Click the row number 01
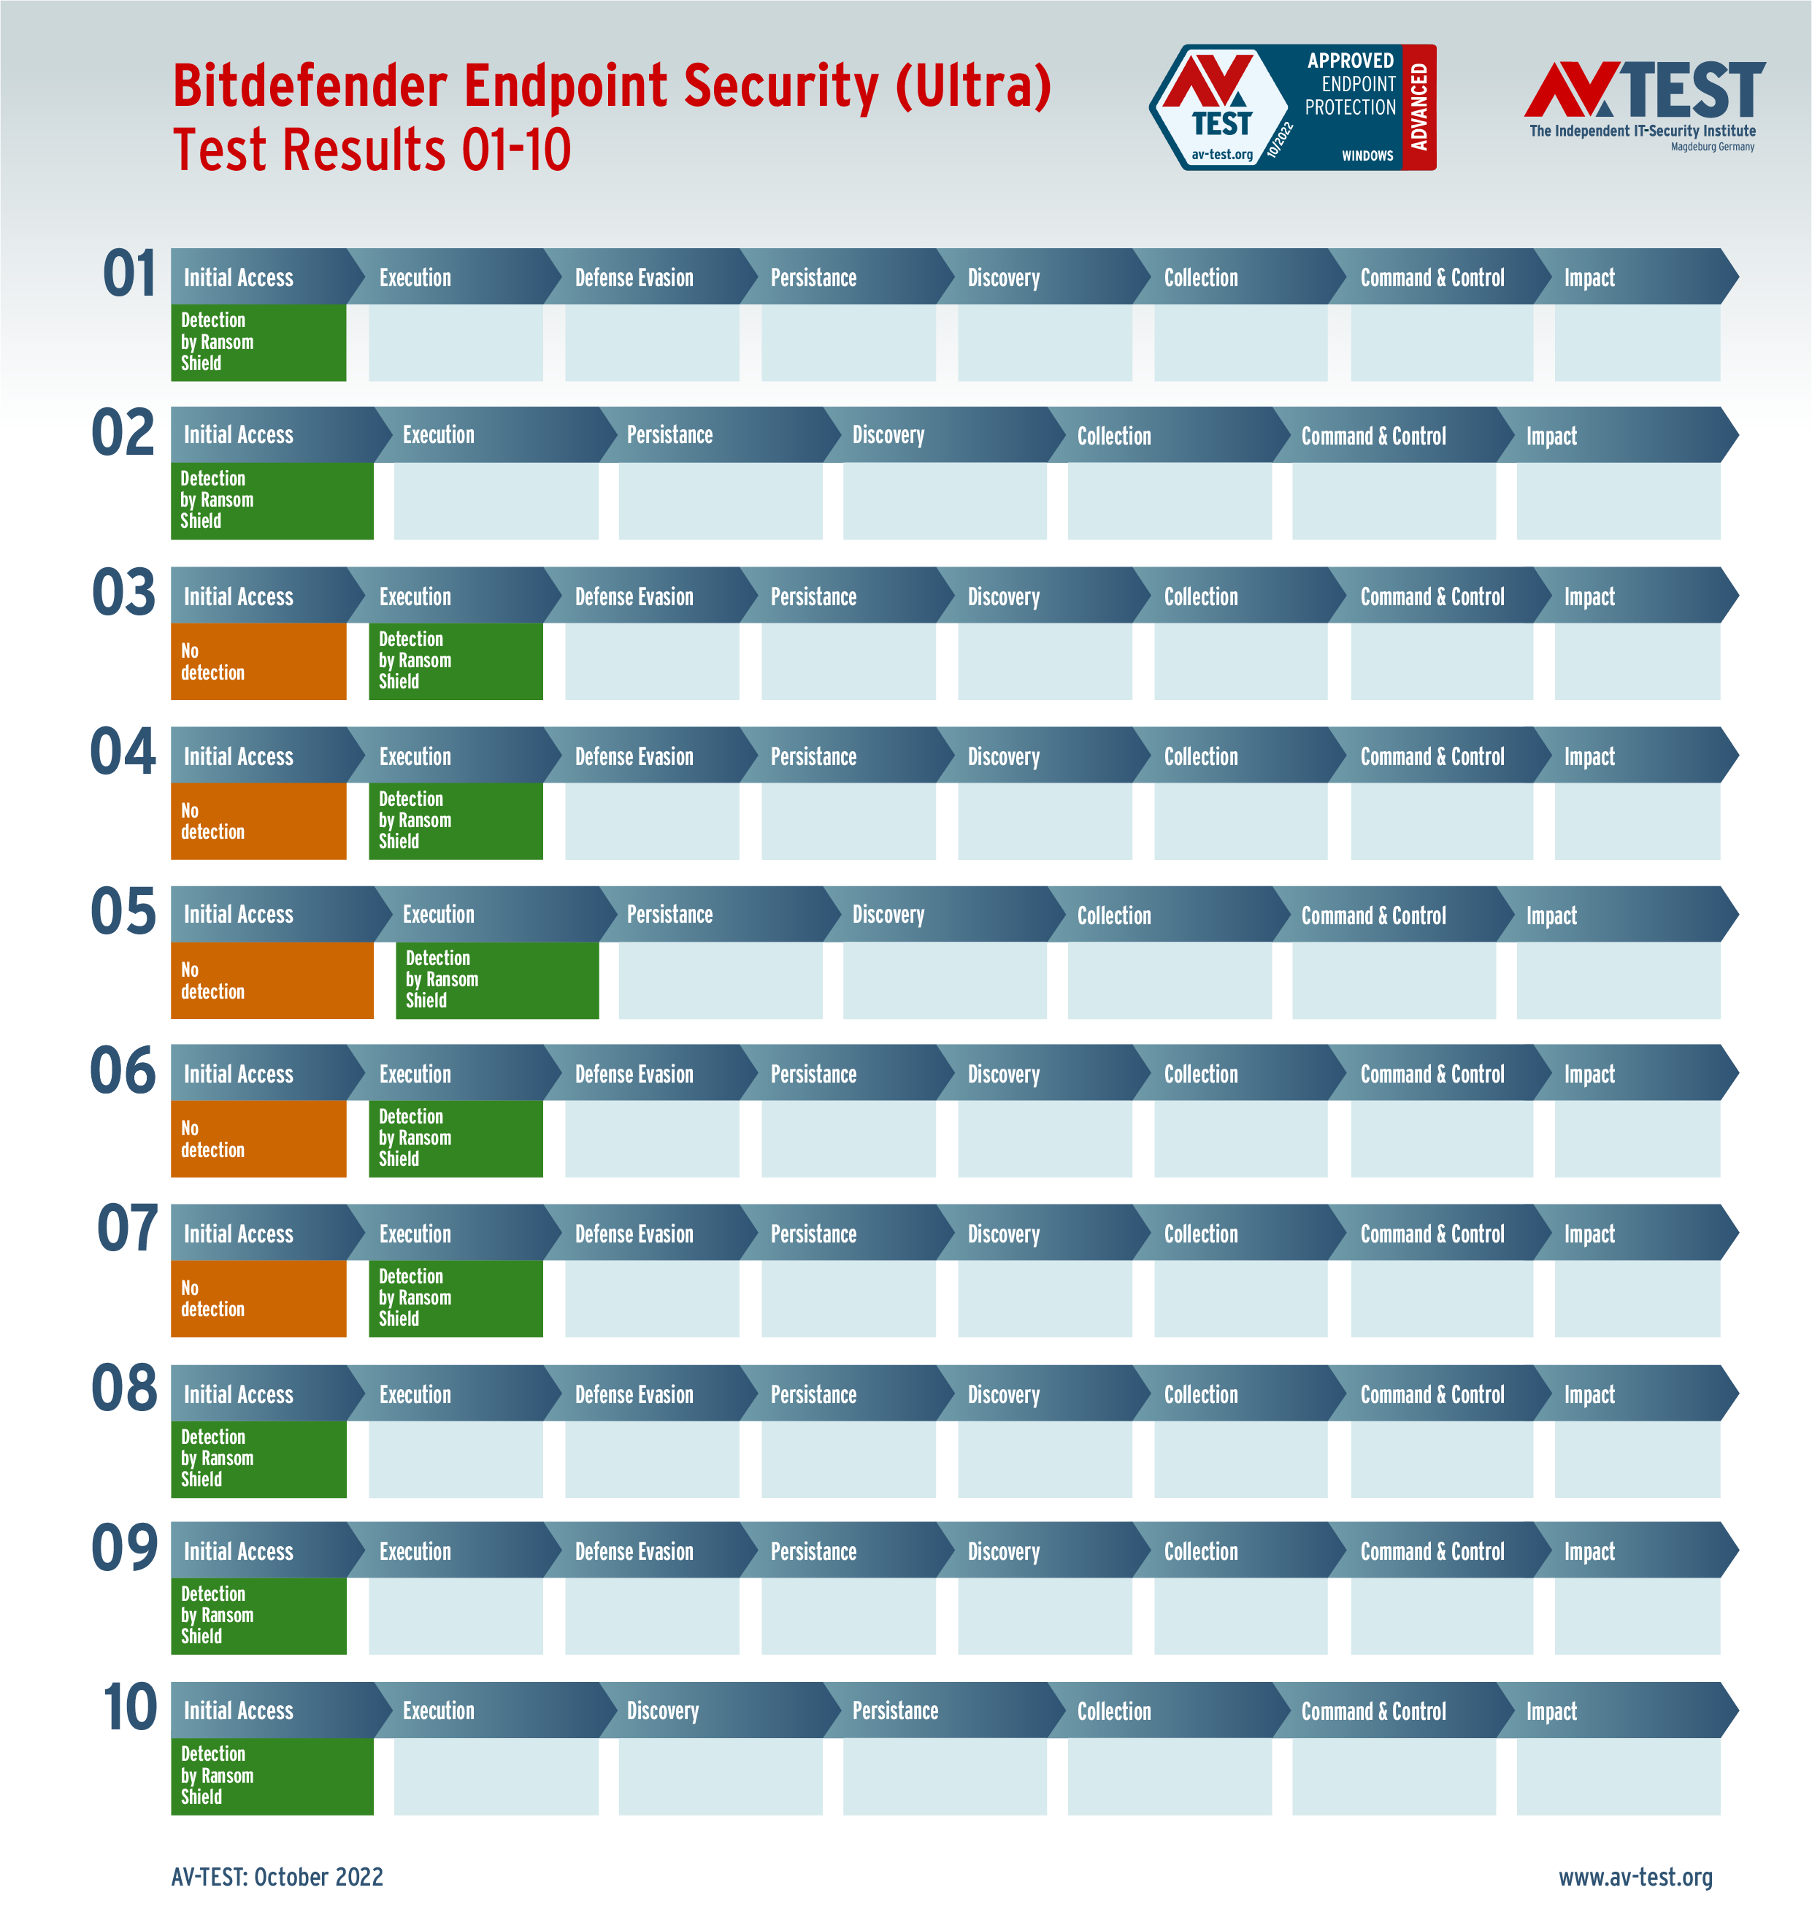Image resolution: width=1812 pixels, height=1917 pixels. tap(129, 274)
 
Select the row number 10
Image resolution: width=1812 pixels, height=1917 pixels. tap(129, 1707)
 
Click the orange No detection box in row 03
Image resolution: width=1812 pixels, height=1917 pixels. tap(258, 661)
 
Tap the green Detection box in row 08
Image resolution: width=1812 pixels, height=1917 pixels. tap(258, 1459)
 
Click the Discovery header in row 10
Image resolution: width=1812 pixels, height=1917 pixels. tap(663, 1710)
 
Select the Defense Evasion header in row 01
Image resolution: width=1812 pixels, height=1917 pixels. tap(634, 278)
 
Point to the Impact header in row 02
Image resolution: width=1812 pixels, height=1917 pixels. tap(1551, 437)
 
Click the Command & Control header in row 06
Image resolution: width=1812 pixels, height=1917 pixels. tap(1432, 1074)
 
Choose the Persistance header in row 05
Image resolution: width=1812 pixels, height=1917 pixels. tap(669, 915)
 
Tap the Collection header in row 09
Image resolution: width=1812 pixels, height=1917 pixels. tap(1201, 1551)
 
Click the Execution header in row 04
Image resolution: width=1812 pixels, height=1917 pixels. tap(415, 756)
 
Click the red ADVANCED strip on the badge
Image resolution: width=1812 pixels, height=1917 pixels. tap(1418, 107)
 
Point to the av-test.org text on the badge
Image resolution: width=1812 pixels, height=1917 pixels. tap(1222, 155)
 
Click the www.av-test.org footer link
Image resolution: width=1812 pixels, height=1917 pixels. tap(1635, 1876)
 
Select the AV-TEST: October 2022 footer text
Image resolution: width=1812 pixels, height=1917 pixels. tap(277, 1876)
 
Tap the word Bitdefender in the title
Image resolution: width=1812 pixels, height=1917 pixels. tap(309, 86)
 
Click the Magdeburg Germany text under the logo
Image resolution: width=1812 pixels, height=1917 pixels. tap(1713, 147)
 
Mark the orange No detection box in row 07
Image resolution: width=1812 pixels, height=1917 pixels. tap(258, 1299)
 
